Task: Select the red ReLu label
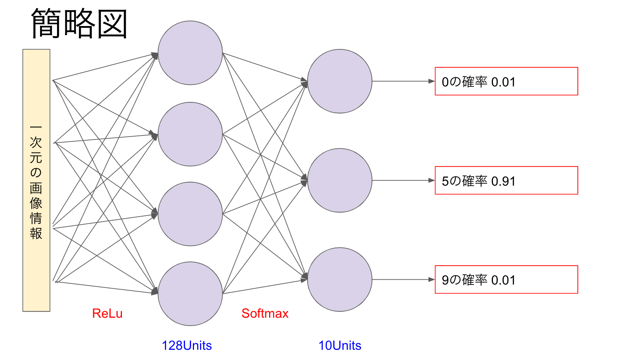point(107,313)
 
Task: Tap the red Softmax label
point(265,313)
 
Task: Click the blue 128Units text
point(186,345)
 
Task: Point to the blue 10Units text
point(340,345)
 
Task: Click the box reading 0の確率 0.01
point(506,81)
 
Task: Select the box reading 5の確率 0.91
point(506,180)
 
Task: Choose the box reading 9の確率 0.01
point(506,280)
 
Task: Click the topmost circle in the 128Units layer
point(190,53)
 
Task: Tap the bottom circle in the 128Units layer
point(190,294)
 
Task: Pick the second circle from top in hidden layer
point(190,134)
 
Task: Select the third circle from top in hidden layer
point(190,214)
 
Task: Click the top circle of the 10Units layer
point(340,81)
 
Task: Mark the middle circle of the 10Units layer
point(340,180)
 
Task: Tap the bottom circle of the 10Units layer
point(340,280)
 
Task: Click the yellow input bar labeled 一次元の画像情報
point(36,180)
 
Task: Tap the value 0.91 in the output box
point(503,182)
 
